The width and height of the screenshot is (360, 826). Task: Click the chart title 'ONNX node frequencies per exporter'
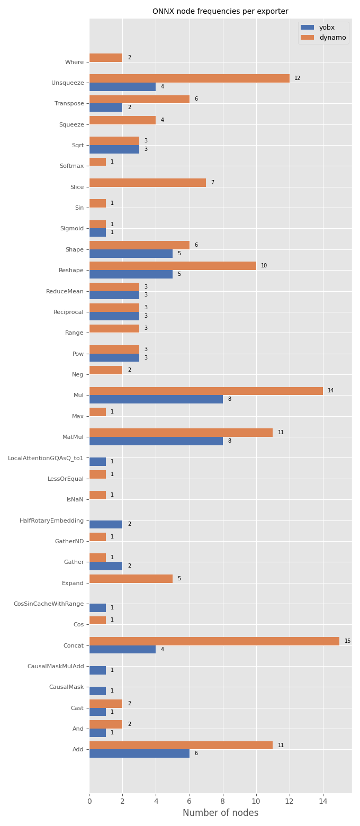(x=220, y=11)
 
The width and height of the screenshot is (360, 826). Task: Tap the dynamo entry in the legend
(x=323, y=38)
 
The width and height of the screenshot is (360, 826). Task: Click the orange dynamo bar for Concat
(x=214, y=641)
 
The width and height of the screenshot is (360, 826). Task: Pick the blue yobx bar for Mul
(x=156, y=399)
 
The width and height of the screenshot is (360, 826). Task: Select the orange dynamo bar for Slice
(x=147, y=183)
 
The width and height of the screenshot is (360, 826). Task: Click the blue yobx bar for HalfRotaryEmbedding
(x=106, y=524)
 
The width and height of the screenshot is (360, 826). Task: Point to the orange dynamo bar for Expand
(x=131, y=579)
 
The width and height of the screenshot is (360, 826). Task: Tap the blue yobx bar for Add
(x=139, y=753)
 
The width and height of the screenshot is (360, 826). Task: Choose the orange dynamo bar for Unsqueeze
(x=189, y=78)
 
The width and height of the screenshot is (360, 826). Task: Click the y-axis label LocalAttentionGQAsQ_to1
(x=46, y=458)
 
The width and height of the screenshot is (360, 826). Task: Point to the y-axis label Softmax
(x=71, y=166)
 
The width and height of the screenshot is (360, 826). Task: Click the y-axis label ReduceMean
(x=65, y=291)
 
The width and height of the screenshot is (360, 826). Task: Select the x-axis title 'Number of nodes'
(x=220, y=813)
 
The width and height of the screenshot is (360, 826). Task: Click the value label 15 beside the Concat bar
(x=347, y=641)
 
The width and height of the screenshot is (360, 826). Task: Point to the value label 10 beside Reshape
(x=264, y=266)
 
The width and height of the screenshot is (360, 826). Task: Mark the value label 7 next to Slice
(x=212, y=183)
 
